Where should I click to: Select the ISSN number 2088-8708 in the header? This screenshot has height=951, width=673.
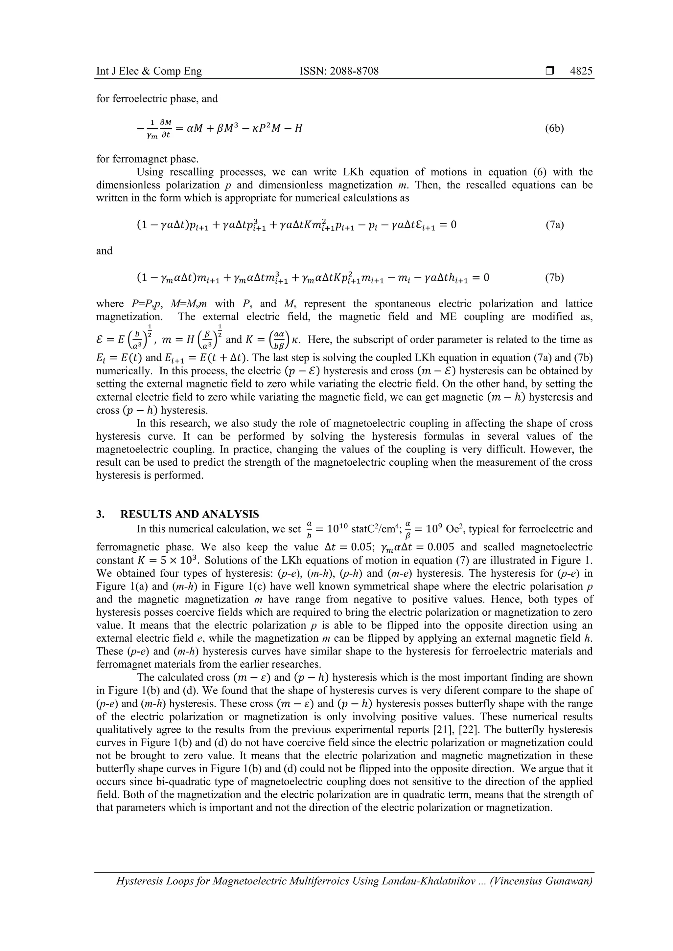[339, 71]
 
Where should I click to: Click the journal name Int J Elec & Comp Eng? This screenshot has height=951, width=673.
[149, 71]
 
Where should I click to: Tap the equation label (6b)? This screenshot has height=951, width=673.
[554, 128]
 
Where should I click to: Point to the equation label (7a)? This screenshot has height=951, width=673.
[554, 225]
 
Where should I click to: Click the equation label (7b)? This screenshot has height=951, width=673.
[554, 277]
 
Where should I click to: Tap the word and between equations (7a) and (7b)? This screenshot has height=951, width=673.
[104, 251]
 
